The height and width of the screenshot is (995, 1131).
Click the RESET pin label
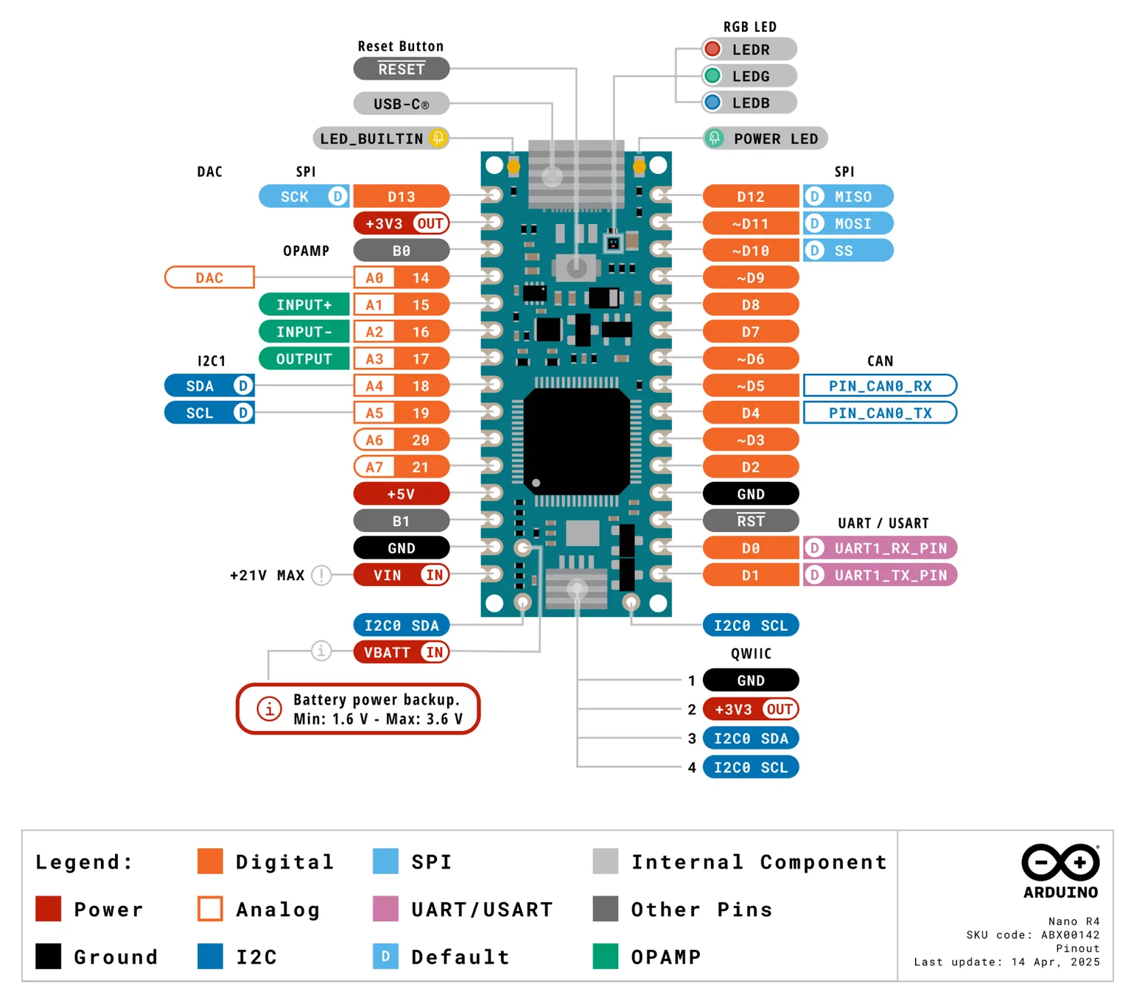tap(401, 69)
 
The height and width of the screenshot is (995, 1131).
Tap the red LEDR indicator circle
tap(712, 49)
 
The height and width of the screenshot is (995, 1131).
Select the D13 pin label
tap(401, 197)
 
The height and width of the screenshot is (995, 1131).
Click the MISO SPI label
tap(848, 197)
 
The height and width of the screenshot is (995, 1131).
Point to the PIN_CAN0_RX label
tap(880, 385)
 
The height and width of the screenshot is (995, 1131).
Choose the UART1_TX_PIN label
tap(880, 575)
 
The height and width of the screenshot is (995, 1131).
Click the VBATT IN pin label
tap(401, 652)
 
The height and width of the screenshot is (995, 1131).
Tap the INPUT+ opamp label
tap(304, 304)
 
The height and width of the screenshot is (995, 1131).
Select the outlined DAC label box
tap(209, 278)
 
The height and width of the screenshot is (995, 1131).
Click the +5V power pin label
tap(401, 494)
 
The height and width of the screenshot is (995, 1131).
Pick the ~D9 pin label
tap(750, 278)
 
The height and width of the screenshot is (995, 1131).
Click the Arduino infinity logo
tap(1060, 862)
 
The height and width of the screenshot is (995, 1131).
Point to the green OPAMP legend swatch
tap(605, 956)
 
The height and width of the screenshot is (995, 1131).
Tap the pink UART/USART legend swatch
tap(385, 909)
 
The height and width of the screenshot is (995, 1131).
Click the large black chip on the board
tap(576, 441)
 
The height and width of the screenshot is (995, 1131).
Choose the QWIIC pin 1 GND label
tap(750, 680)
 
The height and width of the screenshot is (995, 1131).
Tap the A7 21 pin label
tap(401, 467)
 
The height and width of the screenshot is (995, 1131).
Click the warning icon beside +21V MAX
tap(321, 575)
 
